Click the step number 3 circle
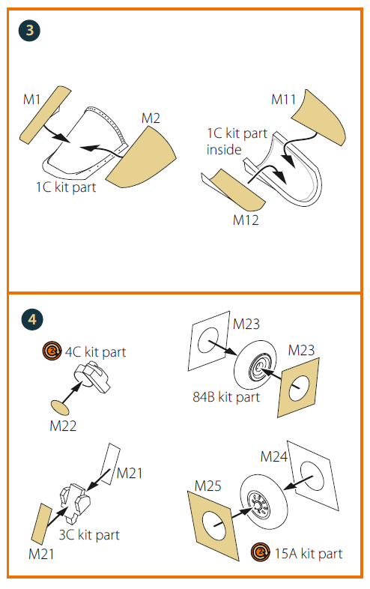(x=29, y=31)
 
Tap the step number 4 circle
(x=32, y=319)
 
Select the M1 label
(x=31, y=100)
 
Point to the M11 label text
(x=284, y=100)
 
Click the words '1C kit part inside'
(x=237, y=141)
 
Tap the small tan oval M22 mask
(x=60, y=408)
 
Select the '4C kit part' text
(x=95, y=352)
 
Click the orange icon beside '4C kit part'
(x=52, y=351)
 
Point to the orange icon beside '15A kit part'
(x=261, y=552)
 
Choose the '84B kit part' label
(x=226, y=396)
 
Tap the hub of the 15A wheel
(x=258, y=506)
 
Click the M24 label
(x=274, y=457)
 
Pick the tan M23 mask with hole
(x=298, y=387)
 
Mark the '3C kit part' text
(x=89, y=534)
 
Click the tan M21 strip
(x=41, y=524)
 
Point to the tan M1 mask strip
(x=46, y=115)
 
